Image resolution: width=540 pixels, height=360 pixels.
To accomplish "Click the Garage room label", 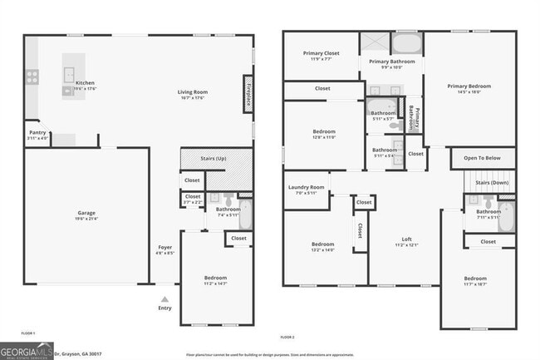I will click(81, 213).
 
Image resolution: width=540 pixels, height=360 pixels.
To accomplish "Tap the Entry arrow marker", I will click(164, 299).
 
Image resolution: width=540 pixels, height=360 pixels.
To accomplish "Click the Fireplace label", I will click(248, 91).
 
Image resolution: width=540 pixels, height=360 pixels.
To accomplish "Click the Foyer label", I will click(165, 247).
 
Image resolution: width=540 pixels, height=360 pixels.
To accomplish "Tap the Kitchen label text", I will click(86, 83).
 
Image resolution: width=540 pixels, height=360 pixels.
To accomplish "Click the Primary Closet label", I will click(322, 53).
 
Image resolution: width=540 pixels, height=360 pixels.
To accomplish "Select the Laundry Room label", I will click(306, 187).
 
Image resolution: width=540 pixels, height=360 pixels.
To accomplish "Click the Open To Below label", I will click(482, 158).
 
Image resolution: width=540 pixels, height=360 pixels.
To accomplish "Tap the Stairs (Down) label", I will click(492, 182).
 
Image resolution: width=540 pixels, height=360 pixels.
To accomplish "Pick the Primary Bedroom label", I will click(469, 86).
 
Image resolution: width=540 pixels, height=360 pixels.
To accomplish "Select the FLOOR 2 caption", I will click(287, 337).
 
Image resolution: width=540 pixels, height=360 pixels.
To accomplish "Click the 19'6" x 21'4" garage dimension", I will click(81, 219).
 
